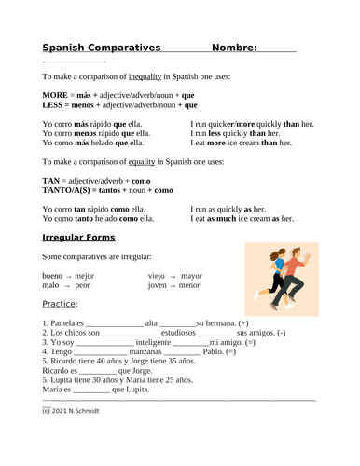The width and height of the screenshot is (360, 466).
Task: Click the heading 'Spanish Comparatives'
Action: point(102,48)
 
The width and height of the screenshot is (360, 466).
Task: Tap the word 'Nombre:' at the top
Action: point(235,48)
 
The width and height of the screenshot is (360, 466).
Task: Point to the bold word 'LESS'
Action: point(54,105)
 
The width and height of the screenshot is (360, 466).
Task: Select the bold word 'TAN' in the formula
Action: point(52,180)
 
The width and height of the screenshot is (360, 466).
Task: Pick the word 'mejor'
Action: point(85,277)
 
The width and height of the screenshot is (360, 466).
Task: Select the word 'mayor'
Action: point(191,277)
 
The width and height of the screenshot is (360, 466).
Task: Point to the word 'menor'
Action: point(189,287)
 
